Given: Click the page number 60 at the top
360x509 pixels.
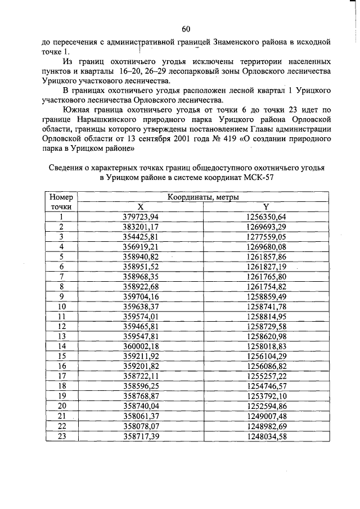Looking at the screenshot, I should [186, 29].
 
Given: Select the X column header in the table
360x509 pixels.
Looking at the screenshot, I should [141, 206].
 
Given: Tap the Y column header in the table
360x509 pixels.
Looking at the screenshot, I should [266, 206].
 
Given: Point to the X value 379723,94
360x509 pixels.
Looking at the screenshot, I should [141, 217].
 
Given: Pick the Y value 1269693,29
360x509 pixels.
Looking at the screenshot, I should [266, 227].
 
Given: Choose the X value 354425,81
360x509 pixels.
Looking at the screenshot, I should [141, 236].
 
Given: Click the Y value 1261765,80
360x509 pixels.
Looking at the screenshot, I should [266, 276].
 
